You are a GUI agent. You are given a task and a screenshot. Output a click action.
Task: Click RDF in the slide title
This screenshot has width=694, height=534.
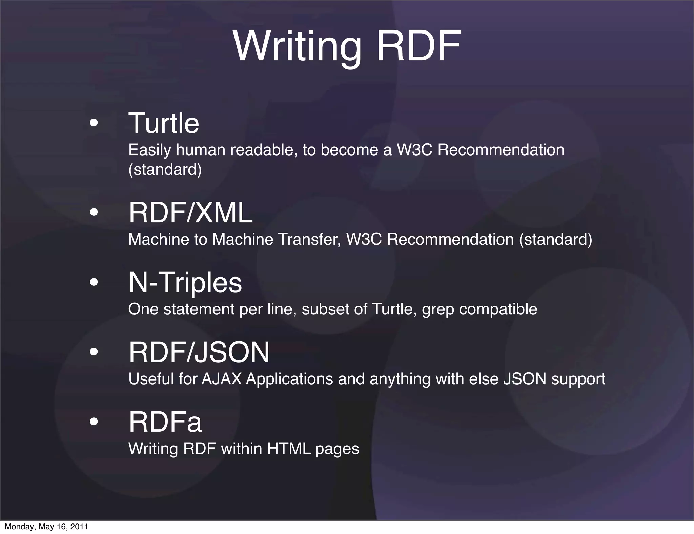pos(419,46)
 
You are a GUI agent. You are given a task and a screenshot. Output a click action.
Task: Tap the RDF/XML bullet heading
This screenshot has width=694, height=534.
pos(190,213)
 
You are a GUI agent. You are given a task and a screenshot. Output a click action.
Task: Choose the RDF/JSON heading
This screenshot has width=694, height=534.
pos(199,352)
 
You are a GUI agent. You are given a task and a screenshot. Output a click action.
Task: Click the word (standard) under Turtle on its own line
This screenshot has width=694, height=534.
pos(165,169)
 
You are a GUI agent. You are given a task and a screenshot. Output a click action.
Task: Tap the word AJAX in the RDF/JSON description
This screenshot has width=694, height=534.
pos(222,379)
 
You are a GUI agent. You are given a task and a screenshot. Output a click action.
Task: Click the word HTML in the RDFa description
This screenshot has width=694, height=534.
pos(289,449)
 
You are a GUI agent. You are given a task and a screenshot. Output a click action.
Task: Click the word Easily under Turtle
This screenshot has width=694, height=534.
pos(150,150)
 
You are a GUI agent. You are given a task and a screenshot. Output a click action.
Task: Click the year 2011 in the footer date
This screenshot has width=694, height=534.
pos(80,527)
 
